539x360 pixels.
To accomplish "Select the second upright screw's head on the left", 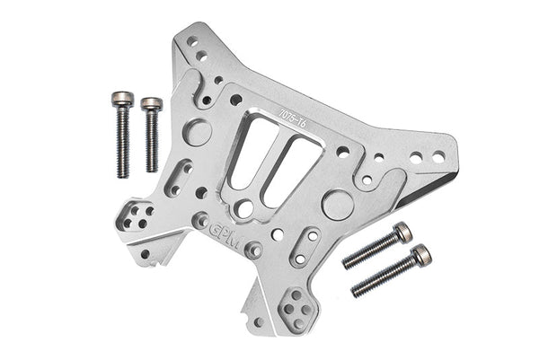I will tap(151, 104).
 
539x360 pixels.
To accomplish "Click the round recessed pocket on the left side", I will tap(199, 133).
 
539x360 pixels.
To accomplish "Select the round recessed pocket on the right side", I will tap(336, 204).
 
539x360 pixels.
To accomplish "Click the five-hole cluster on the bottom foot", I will tap(293, 309).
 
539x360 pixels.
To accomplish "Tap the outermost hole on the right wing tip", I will tap(438, 157).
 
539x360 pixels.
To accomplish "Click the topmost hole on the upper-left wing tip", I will tap(192, 41).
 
